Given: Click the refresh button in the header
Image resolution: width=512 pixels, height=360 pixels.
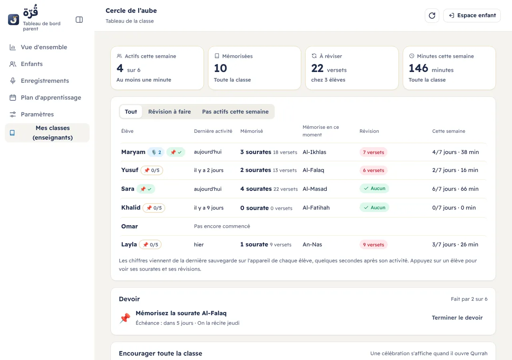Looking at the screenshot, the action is coord(432,16).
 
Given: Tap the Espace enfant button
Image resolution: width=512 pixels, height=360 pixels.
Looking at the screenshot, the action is coord(472,16).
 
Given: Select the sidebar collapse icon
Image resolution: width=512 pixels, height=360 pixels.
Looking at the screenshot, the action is coord(79,20).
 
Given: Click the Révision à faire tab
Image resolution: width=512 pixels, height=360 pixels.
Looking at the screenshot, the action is coord(169,112).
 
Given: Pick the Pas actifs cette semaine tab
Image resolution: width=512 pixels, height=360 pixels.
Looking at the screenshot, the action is coord(235,112).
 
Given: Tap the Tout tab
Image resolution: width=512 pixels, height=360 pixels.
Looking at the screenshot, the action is coord(131,112).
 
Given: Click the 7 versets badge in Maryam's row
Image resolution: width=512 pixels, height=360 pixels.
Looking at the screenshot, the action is coord(373,152).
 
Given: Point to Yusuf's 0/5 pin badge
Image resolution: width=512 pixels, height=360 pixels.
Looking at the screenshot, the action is coord(152,170).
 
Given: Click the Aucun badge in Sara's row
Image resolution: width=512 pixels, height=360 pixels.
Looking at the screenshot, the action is coord(374,188).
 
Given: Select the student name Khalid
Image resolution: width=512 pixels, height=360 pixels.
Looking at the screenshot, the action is coord(131,208).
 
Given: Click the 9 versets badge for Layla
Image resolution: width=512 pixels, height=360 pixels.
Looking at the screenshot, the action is coord(373,244).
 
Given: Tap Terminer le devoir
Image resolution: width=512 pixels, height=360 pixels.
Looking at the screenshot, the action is coord(457,318).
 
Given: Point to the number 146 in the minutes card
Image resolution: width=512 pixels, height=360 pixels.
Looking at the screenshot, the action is coord(418,68).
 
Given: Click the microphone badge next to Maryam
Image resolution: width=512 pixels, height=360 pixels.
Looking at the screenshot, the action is coord(156,152).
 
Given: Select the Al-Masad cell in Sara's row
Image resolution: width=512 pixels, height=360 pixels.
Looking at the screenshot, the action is coord(315,189).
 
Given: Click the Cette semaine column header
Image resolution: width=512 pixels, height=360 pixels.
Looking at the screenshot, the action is coord(448,131).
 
